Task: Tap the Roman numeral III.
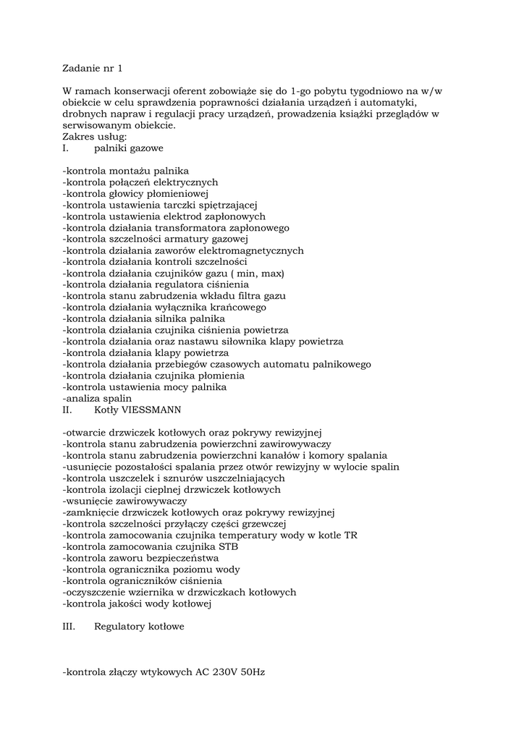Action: click(x=69, y=626)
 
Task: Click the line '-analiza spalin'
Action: click(x=97, y=398)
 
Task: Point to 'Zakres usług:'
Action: click(x=95, y=137)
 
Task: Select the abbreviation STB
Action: click(x=228, y=546)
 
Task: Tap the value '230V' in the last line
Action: click(x=226, y=672)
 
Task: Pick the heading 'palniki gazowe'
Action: click(x=128, y=148)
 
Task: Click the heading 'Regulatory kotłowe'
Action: click(x=139, y=626)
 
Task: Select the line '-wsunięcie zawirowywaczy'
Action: click(x=124, y=501)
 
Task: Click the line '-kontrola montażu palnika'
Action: click(x=126, y=171)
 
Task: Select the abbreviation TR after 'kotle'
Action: click(x=350, y=535)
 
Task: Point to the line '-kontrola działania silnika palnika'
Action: click(x=144, y=318)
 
